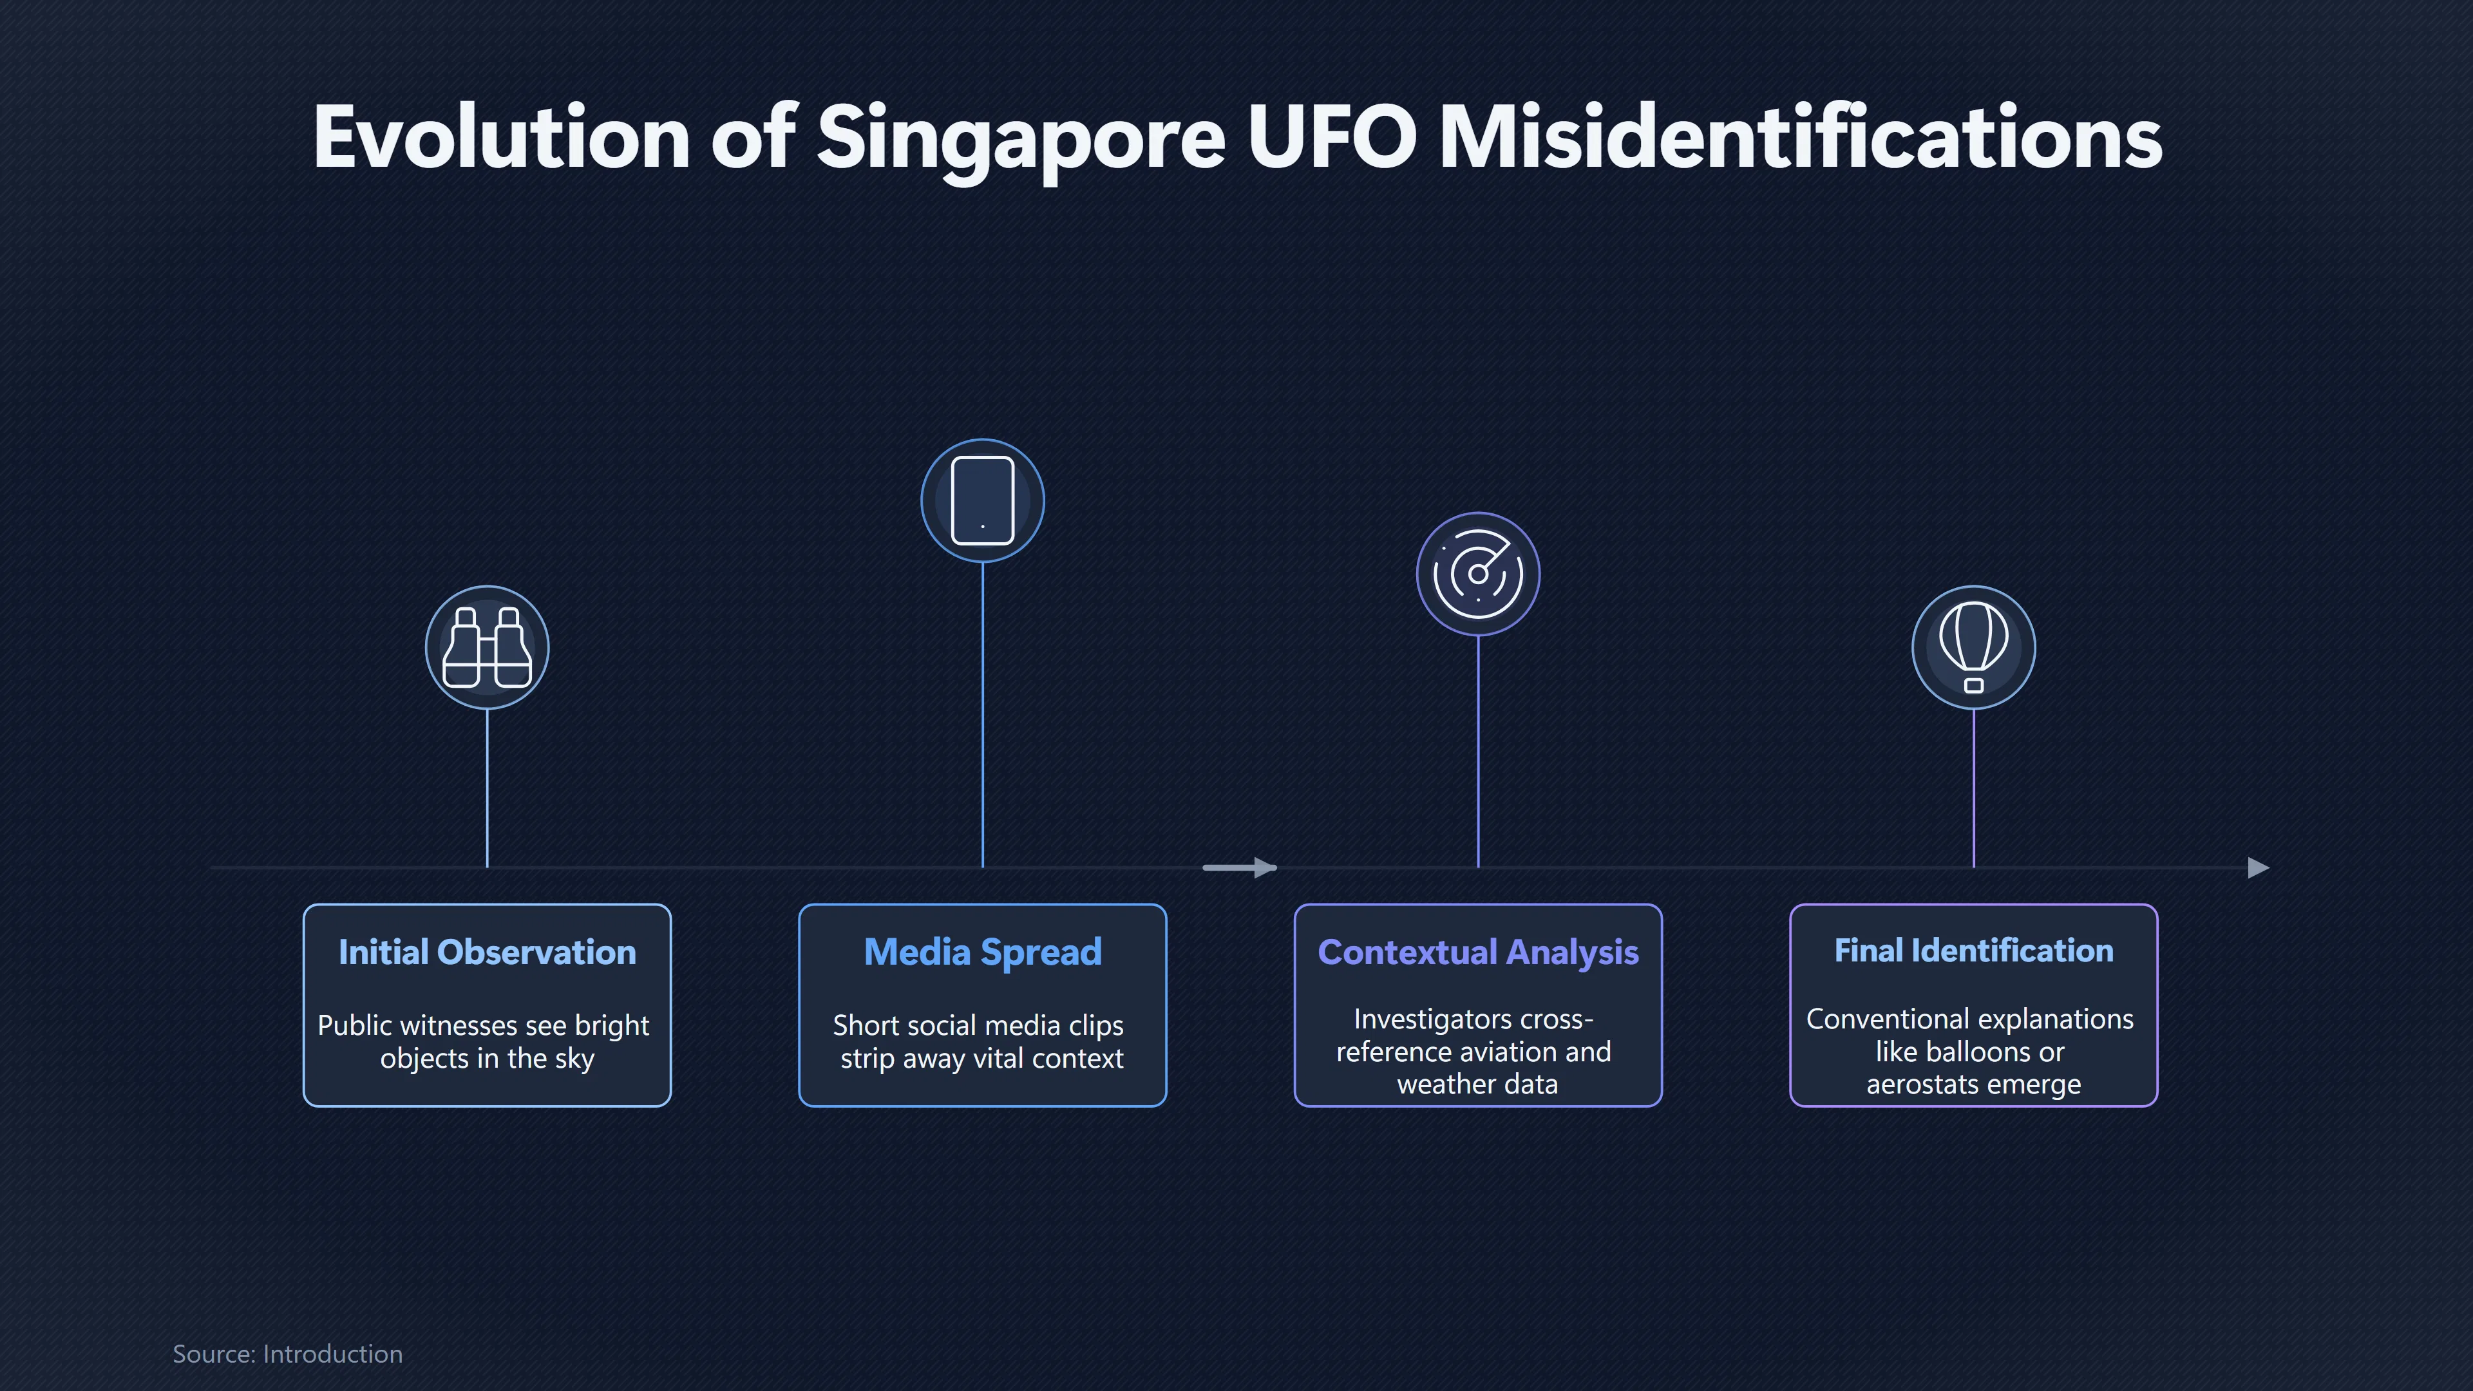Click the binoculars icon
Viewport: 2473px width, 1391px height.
[x=487, y=647]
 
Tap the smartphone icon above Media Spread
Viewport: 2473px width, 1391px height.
[x=982, y=500]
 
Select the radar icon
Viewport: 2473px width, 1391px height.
[x=1477, y=573]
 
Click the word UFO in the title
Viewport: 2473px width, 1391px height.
[x=1331, y=137]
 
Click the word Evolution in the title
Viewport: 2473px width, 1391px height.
[x=501, y=137]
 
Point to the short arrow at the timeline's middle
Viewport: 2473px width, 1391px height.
[x=1239, y=868]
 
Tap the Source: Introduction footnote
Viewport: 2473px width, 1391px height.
[x=287, y=1354]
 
